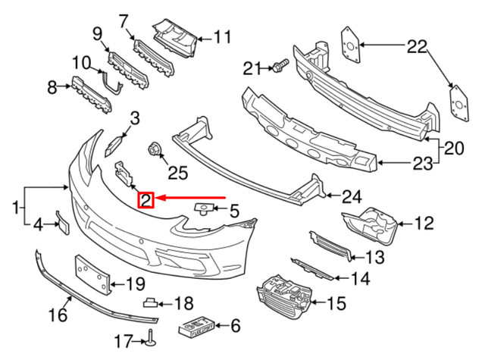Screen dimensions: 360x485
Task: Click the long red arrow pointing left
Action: [x=189, y=199]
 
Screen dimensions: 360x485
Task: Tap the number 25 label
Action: [x=177, y=174]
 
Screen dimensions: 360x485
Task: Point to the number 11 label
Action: [x=221, y=36]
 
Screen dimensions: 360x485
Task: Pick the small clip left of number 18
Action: [x=152, y=302]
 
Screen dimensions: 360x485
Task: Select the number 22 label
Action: [x=416, y=47]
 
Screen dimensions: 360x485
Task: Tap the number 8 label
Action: [x=52, y=89]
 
